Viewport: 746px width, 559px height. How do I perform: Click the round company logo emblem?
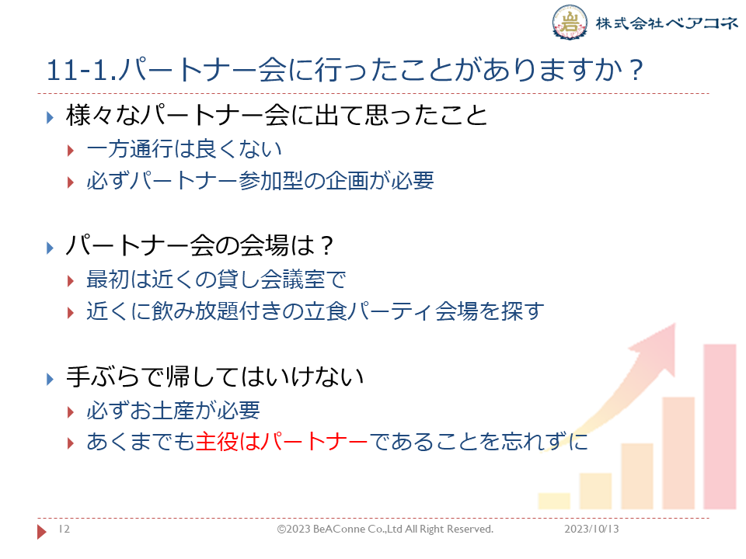coord(570,22)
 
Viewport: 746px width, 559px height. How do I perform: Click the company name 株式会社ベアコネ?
coord(667,23)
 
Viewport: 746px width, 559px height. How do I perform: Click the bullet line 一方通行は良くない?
coord(184,149)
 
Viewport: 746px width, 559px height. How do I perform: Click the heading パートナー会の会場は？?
coord(200,246)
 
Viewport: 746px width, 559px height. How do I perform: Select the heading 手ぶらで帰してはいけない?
coord(215,377)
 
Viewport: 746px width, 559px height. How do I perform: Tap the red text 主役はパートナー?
coord(281,442)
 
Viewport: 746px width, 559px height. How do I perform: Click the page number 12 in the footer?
coord(64,529)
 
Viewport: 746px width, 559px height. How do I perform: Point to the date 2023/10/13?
coord(591,529)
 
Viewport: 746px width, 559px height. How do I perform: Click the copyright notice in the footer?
coord(385,529)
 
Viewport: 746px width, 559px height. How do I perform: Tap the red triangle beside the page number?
coord(42,531)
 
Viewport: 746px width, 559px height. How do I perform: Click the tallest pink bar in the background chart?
coord(720,426)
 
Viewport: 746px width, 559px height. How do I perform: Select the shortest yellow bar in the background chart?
coord(554,501)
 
